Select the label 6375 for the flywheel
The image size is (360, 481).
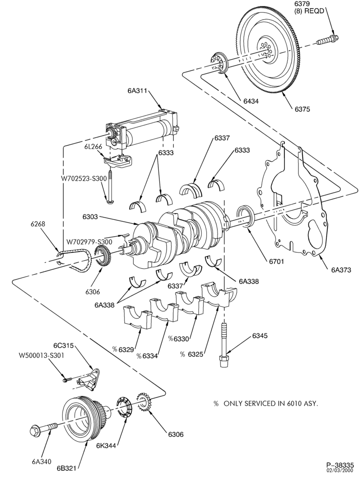(x=303, y=109)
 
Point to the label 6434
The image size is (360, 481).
(x=251, y=101)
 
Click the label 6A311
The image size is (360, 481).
(x=138, y=90)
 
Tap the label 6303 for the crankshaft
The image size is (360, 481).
(x=90, y=216)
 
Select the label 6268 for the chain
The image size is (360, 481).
(x=38, y=224)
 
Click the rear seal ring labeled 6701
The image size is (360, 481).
(x=245, y=216)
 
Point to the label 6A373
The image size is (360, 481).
(x=341, y=270)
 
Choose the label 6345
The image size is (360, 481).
(x=260, y=336)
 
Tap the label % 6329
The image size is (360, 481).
(x=123, y=349)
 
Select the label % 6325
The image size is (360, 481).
(x=192, y=354)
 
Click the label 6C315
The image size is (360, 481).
(x=64, y=345)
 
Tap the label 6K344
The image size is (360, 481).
(x=106, y=445)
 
